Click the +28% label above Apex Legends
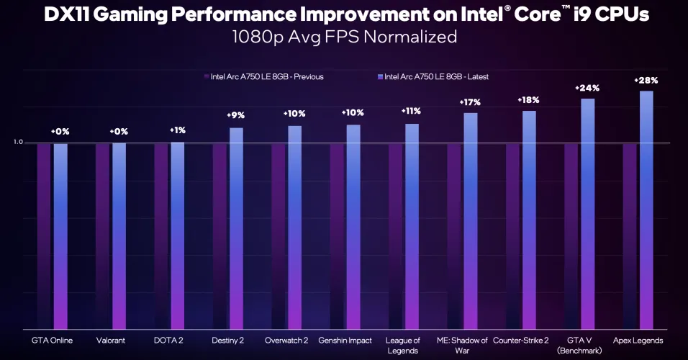(646, 79)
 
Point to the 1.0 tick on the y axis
(18, 143)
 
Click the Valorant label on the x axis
(112, 341)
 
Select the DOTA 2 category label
(170, 341)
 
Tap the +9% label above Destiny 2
(236, 115)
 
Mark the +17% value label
(470, 102)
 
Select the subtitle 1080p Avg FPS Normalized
(344, 37)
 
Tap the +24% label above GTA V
(587, 88)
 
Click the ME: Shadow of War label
(462, 346)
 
